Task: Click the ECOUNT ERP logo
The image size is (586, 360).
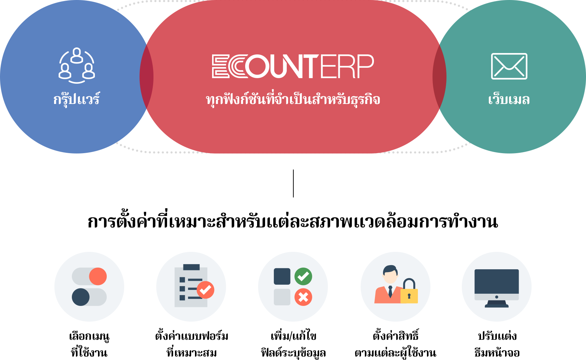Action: (x=293, y=66)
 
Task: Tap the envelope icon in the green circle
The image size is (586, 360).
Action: (x=509, y=66)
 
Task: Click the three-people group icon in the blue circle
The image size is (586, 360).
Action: (x=77, y=66)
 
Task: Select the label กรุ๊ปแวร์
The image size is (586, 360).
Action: (x=76, y=99)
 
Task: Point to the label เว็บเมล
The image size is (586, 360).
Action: (x=509, y=99)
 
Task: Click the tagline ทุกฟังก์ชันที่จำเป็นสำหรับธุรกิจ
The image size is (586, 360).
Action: (x=293, y=99)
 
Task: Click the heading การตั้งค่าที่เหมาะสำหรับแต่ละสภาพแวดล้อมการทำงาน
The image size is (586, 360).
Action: (x=293, y=222)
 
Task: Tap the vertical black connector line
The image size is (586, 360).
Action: (x=293, y=183)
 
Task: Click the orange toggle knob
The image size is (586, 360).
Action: (x=98, y=276)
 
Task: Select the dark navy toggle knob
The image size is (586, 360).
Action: (x=81, y=297)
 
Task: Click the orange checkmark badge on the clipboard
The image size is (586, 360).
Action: (x=205, y=290)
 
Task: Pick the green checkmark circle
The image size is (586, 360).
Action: (x=303, y=276)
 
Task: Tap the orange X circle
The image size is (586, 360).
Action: (x=303, y=297)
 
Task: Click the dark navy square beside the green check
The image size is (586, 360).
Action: (x=282, y=276)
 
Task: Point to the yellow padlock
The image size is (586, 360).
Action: (x=409, y=291)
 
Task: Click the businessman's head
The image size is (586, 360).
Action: (x=390, y=274)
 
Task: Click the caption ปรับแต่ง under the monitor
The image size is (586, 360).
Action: (x=497, y=336)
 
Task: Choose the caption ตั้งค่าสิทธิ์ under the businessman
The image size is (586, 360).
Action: (x=396, y=335)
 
